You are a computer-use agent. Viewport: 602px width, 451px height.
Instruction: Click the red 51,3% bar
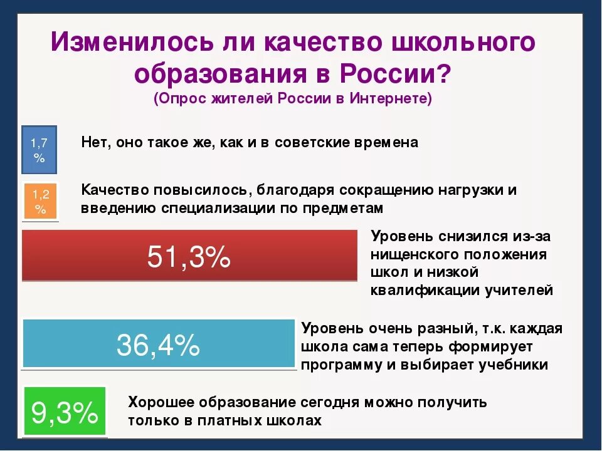[189, 256]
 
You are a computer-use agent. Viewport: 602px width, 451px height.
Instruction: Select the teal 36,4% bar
[159, 344]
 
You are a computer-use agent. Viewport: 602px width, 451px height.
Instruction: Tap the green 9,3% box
[65, 412]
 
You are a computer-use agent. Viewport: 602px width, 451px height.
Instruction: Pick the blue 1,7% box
[40, 150]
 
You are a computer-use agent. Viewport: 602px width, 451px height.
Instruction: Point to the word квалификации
[425, 290]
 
